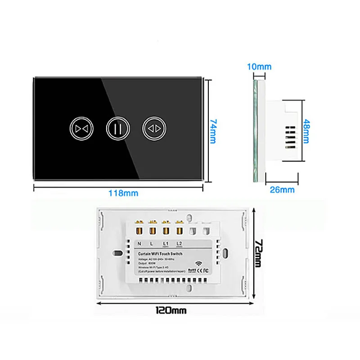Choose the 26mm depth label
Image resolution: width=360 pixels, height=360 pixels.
coord(282,189)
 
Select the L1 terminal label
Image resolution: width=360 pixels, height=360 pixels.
coord(166,243)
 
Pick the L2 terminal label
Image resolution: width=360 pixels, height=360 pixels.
coord(180,243)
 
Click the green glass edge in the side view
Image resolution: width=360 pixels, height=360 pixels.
coord(256,130)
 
